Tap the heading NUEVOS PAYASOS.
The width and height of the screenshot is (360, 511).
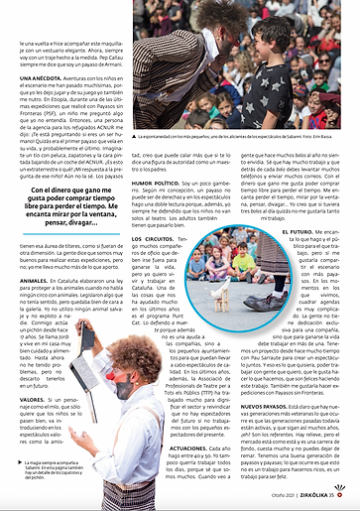click(x=265, y=406)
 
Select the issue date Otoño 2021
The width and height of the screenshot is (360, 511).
click(x=286, y=495)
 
